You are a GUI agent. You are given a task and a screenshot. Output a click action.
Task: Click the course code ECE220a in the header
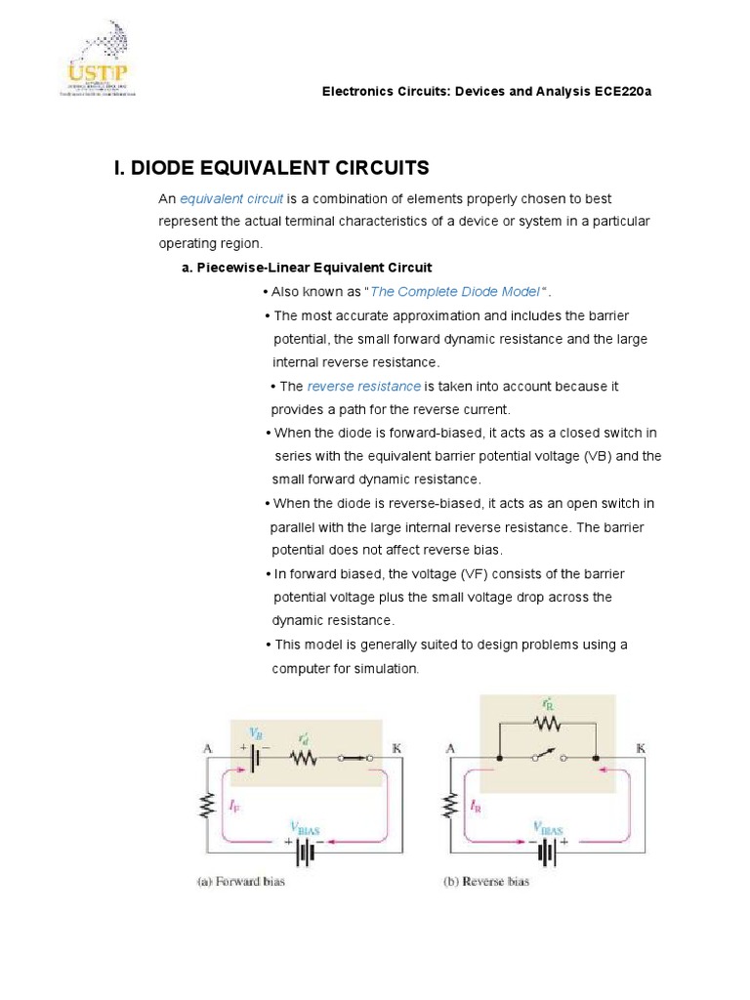[x=619, y=91]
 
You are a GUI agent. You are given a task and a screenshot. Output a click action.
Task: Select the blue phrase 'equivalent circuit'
[x=231, y=198]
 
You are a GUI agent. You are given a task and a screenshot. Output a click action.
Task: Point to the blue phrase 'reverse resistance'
[x=363, y=387]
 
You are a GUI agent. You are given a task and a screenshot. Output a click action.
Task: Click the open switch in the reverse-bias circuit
[x=547, y=757]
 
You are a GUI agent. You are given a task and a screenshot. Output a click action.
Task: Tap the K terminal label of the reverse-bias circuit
[x=642, y=748]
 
